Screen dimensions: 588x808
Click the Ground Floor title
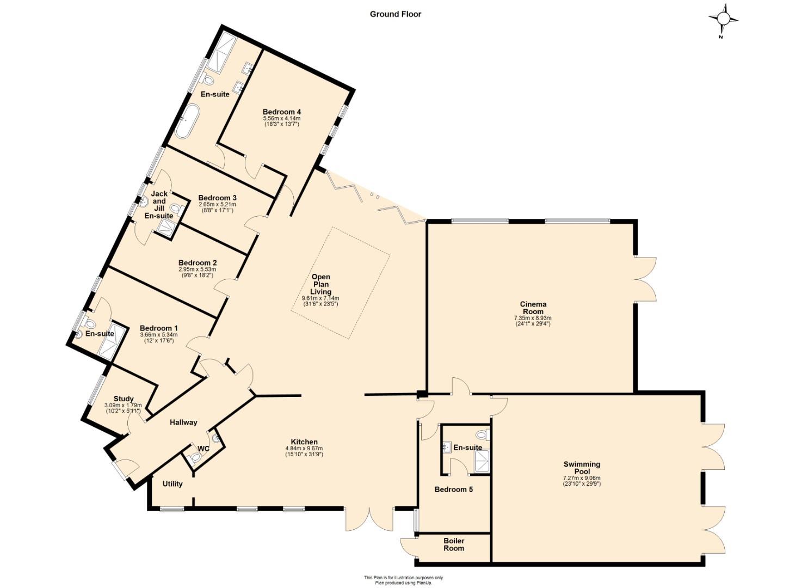click(396, 14)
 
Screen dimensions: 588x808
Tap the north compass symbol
click(723, 20)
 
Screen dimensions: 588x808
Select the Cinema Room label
click(533, 308)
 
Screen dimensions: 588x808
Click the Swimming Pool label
click(582, 468)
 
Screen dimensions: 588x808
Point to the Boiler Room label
click(453, 544)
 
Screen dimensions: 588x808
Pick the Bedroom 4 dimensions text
click(281, 121)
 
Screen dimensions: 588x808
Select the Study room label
click(124, 399)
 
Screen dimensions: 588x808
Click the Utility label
click(172, 483)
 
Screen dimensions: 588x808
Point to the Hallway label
click(183, 422)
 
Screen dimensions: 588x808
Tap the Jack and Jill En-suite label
click(159, 205)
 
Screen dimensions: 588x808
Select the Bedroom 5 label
click(453, 489)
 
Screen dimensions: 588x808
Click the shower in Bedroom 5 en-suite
click(482, 461)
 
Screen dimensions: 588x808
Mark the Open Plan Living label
click(320, 284)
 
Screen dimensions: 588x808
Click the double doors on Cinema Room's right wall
click(646, 279)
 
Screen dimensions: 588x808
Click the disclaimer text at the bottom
click(404, 580)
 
